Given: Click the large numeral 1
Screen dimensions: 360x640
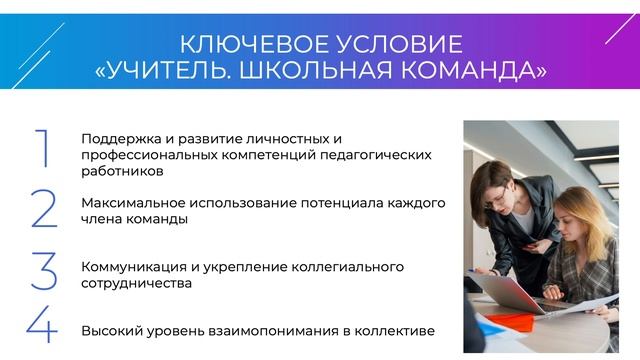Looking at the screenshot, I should tap(42, 148).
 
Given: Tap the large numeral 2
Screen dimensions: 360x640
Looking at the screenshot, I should tap(44, 208).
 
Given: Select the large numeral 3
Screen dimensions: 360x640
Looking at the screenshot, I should tap(44, 271).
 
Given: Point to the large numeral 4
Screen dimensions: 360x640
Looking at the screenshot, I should tap(42, 326).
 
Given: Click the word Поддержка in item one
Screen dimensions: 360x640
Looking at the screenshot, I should tap(119, 138).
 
